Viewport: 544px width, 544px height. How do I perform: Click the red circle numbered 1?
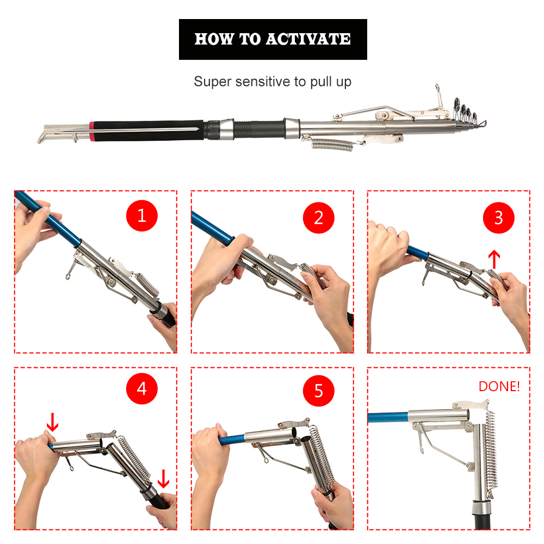tap(141, 215)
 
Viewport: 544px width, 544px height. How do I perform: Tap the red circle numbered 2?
tap(318, 218)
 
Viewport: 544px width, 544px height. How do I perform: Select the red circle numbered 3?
tap(498, 218)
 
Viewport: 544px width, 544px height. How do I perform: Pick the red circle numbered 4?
tap(141, 388)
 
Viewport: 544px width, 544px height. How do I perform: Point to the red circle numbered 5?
tap(318, 391)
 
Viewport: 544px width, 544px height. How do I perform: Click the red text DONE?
tap(499, 386)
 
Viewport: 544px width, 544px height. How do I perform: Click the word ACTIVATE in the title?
tap(308, 39)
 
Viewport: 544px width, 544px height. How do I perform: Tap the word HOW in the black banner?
tap(214, 39)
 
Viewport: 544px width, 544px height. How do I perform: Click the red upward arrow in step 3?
tap(494, 259)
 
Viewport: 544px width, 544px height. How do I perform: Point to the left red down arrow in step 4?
tap(52, 422)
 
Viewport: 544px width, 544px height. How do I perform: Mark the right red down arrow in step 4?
tap(163, 479)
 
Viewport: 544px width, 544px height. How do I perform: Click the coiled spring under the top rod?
tap(332, 145)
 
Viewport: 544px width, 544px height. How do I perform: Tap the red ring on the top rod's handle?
tap(91, 131)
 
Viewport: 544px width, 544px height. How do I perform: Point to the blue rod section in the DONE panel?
tap(388, 417)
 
